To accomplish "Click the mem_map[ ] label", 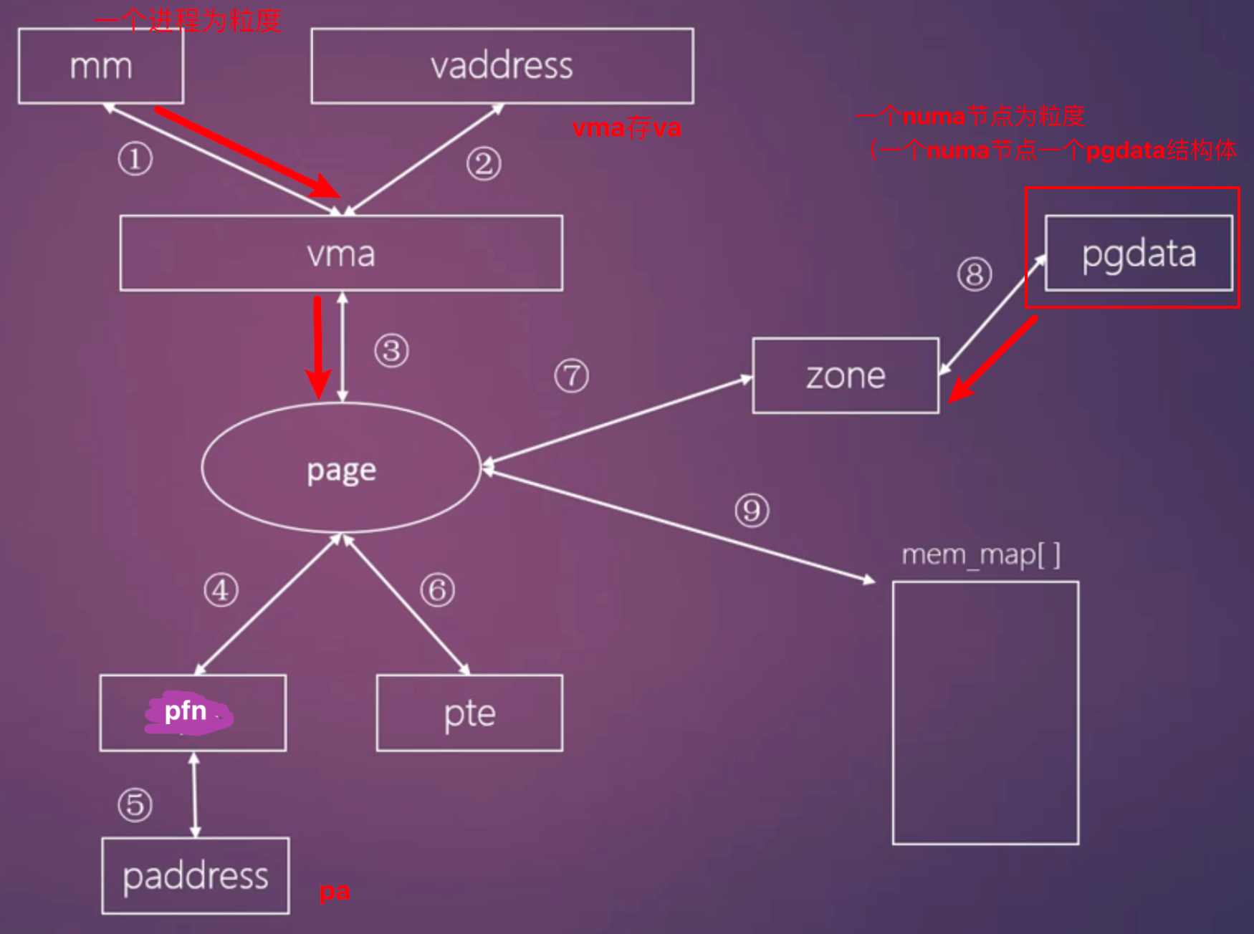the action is (x=981, y=554).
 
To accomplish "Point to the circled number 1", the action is (x=135, y=158).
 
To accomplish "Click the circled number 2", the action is (x=484, y=164).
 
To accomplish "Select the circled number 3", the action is (x=391, y=351).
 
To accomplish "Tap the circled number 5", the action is (x=135, y=804).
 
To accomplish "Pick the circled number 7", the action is (x=571, y=376).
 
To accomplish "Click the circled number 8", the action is (x=975, y=274).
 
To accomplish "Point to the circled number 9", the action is (x=752, y=511).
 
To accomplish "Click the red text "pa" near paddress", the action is (x=335, y=892).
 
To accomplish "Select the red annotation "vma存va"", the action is (x=626, y=128).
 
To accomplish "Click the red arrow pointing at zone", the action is (x=992, y=360).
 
